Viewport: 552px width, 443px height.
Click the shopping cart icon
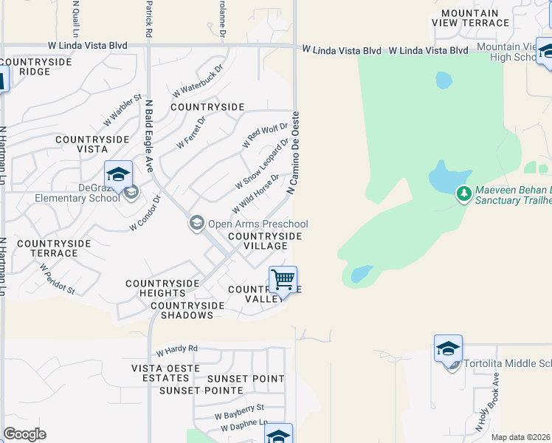pyautogui.click(x=283, y=281)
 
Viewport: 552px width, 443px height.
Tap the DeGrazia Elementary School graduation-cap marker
pyautogui.click(x=118, y=175)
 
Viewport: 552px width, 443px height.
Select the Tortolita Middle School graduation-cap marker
pyautogui.click(x=448, y=349)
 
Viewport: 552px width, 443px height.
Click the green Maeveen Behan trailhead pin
pyautogui.click(x=463, y=193)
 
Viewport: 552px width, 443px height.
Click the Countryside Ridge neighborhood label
pyautogui.click(x=36, y=66)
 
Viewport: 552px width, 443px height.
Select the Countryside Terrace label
pyautogui.click(x=54, y=248)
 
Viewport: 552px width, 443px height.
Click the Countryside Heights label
pyautogui.click(x=162, y=289)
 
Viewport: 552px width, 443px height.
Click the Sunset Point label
pyautogui.click(x=245, y=379)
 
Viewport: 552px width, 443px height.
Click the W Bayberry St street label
pyautogui.click(x=239, y=408)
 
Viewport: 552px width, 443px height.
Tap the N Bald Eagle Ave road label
pyautogui.click(x=148, y=137)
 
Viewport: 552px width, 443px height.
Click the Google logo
pyautogui.click(x=24, y=434)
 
